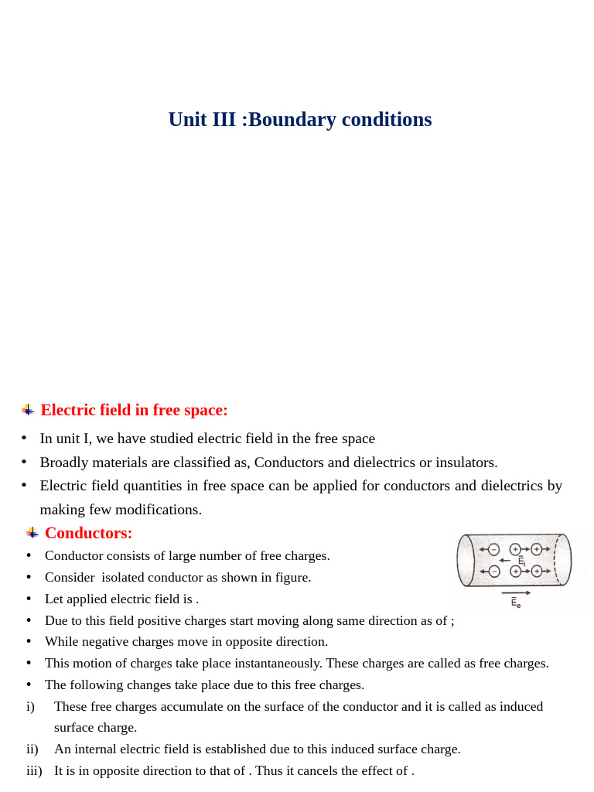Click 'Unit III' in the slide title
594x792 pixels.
[202, 119]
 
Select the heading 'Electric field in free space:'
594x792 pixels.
[134, 410]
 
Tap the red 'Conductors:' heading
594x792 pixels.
[88, 533]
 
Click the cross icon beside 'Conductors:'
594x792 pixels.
[32, 533]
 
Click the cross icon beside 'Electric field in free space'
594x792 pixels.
[28, 410]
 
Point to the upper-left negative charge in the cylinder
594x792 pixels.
[493, 549]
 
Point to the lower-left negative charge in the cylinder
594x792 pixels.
[493, 572]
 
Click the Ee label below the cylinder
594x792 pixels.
[516, 603]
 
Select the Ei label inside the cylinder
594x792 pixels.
[522, 561]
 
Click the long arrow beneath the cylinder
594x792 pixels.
[516, 593]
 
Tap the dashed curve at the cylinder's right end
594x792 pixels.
[556, 559]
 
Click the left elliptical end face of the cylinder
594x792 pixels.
[466, 560]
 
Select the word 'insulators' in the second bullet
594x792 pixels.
[464, 463]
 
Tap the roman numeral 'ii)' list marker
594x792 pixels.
[32, 749]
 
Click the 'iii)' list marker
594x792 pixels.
[34, 770]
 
